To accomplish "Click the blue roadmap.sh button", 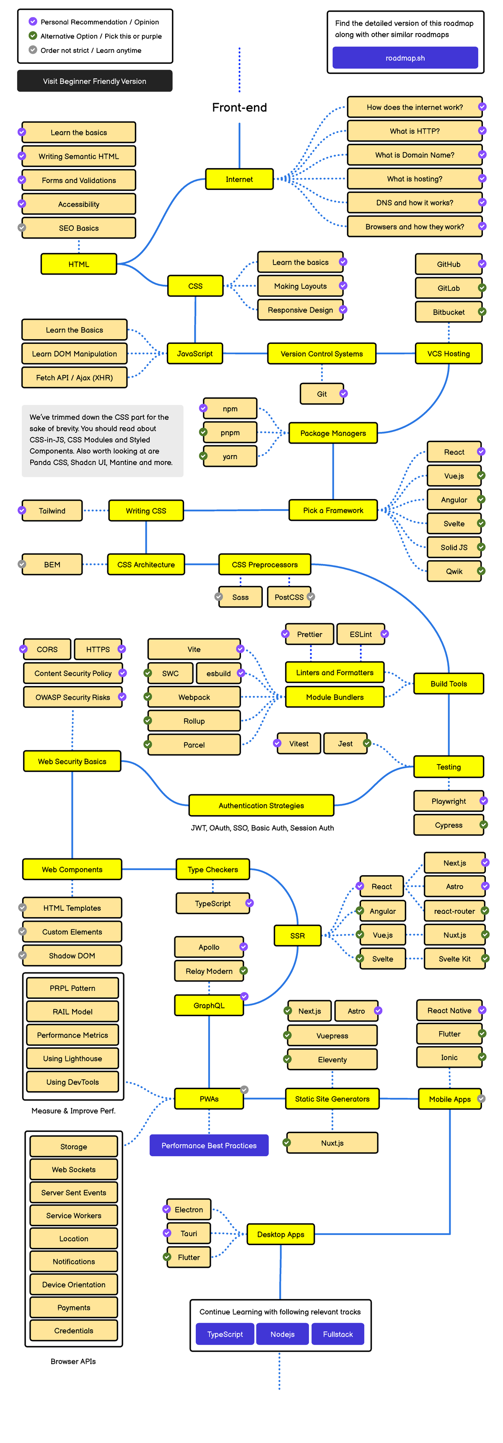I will pyautogui.click(x=405, y=58).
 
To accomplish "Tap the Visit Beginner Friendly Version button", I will pyautogui.click(x=95, y=81).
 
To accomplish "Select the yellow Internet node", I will pyautogui.click(x=239, y=179).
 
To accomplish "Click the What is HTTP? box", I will pyautogui.click(x=415, y=131).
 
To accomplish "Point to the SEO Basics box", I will pyautogui.click(x=78, y=228).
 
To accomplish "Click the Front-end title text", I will pyautogui.click(x=239, y=107).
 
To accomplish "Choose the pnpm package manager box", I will pyautogui.click(x=230, y=432).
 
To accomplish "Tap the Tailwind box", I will pyautogui.click(x=52, y=510).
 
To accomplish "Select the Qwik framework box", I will pyautogui.click(x=454, y=572).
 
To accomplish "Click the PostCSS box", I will pyautogui.click(x=289, y=597).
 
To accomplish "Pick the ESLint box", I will pyautogui.click(x=360, y=634).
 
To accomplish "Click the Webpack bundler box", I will pyautogui.click(x=194, y=697).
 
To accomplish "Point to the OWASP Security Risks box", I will pyautogui.click(x=73, y=697).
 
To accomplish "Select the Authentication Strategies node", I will pyautogui.click(x=261, y=806).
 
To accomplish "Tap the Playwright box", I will pyautogui.click(x=448, y=801).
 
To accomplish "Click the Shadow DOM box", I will pyautogui.click(x=72, y=956).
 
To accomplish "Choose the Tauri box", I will pyautogui.click(x=189, y=1233).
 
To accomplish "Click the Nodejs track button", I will pyautogui.click(x=282, y=1334).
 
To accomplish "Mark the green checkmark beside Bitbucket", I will pyautogui.click(x=482, y=312).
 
